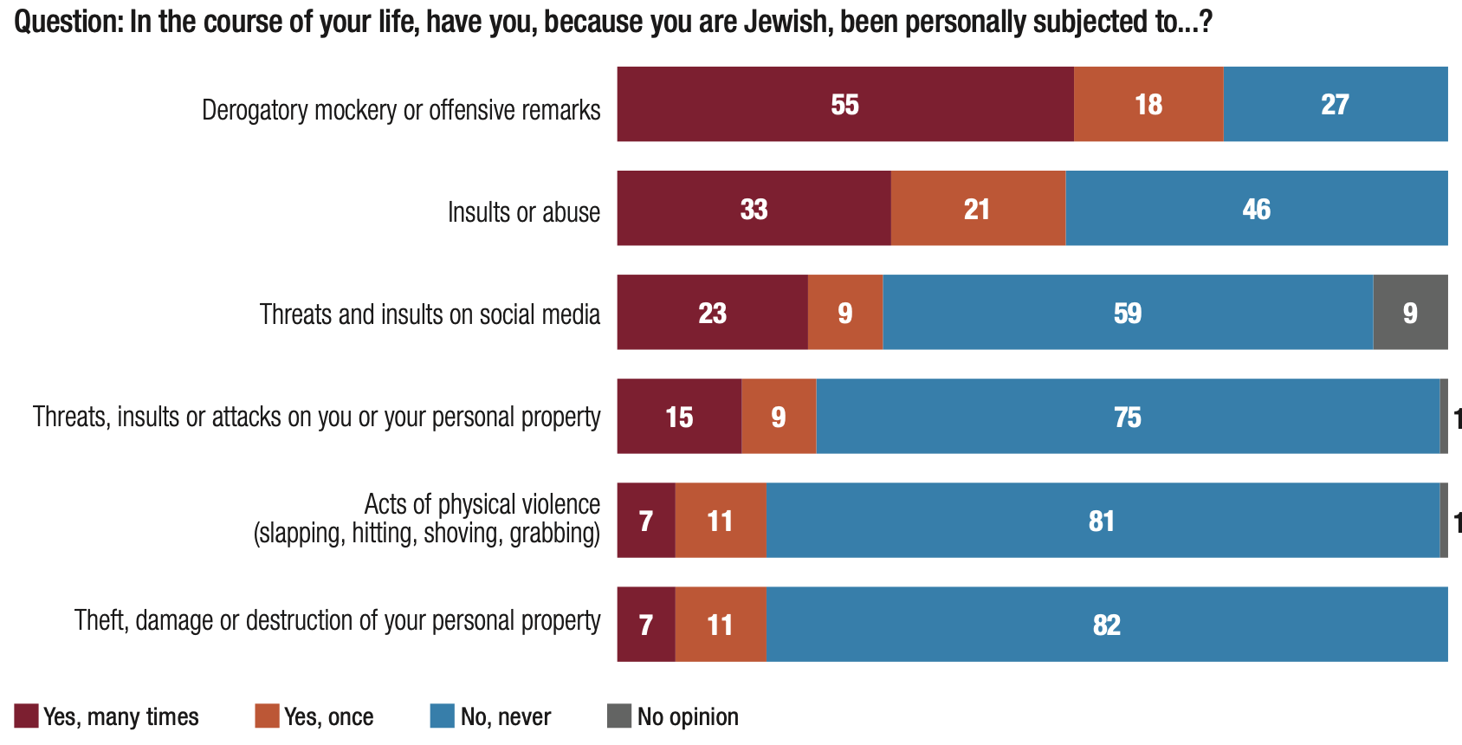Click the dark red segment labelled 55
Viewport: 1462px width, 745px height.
click(844, 104)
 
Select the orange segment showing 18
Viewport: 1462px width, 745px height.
click(1148, 104)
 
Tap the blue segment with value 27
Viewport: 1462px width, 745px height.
click(1335, 104)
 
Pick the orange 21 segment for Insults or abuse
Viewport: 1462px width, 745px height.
click(977, 208)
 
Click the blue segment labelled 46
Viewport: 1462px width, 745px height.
click(1256, 208)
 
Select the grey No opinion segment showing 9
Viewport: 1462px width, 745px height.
click(1410, 312)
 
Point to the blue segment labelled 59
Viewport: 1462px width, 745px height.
click(1128, 312)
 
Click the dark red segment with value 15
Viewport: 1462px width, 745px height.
click(679, 416)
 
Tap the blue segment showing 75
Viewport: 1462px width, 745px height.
click(1128, 416)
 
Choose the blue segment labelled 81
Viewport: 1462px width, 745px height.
click(1102, 520)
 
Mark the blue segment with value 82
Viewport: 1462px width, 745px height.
click(1107, 624)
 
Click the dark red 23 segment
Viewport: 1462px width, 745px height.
click(712, 312)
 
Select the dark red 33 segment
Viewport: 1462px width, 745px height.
click(754, 208)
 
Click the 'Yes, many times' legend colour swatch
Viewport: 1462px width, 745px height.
click(26, 716)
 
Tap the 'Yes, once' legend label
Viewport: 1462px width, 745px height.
click(328, 717)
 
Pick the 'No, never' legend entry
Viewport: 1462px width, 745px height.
click(506, 717)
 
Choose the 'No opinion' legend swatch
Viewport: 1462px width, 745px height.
click(619, 716)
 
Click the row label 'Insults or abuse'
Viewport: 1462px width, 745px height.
click(523, 212)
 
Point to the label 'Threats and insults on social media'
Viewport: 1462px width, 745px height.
click(430, 314)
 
